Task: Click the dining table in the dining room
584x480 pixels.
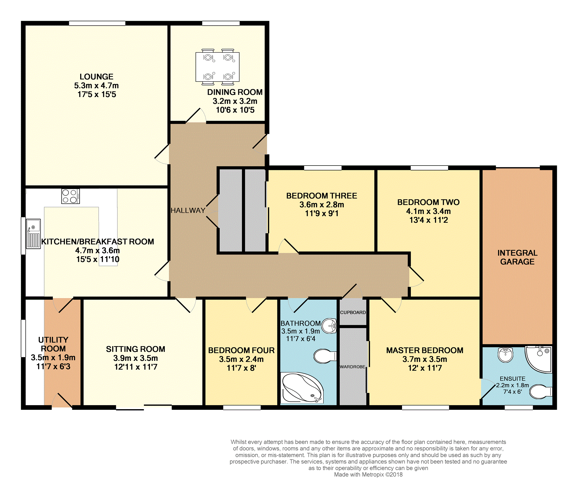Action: [x=217, y=67]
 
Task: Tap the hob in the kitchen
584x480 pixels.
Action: [x=70, y=196]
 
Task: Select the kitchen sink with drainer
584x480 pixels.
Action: [x=33, y=234]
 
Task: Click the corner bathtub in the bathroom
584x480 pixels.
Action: [x=302, y=388]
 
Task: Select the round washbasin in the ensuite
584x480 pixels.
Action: [x=506, y=354]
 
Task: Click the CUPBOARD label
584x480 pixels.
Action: [x=353, y=312]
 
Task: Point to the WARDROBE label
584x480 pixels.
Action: [x=352, y=367]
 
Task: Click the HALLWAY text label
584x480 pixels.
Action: [x=188, y=210]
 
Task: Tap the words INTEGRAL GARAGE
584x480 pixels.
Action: [x=517, y=257]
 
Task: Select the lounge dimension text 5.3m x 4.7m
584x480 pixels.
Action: [x=97, y=86]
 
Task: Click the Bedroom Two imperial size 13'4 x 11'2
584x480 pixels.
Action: [x=429, y=220]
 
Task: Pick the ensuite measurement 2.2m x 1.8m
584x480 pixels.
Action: [x=512, y=385]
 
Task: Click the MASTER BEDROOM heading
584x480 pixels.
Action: [x=425, y=350]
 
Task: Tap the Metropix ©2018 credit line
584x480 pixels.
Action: [x=368, y=475]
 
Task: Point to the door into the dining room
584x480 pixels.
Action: [x=196, y=115]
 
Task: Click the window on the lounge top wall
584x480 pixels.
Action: [x=97, y=23]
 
